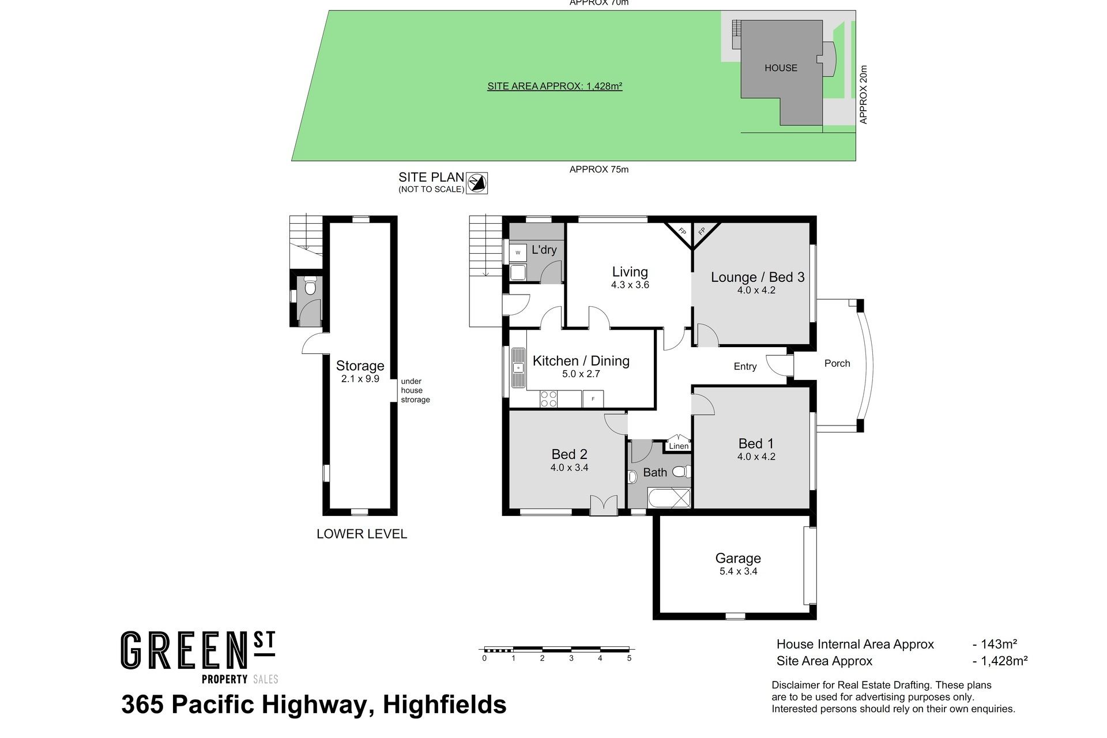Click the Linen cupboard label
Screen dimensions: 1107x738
pos(679,446)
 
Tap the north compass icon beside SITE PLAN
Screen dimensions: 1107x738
pos(477,183)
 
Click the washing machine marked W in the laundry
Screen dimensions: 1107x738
pos(518,253)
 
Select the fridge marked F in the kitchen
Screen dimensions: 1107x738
pos(593,399)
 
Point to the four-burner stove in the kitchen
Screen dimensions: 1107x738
pos(549,399)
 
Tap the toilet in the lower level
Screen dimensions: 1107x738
pos(311,287)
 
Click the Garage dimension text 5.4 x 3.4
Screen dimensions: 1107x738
pos(738,571)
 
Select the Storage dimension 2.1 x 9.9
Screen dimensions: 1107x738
pos(360,379)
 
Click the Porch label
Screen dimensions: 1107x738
pos(837,363)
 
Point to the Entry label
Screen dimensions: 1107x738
pos(745,366)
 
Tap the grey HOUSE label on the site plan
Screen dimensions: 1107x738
pos(781,68)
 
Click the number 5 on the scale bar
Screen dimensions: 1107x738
pos(629,658)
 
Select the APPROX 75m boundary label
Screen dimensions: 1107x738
pos(599,170)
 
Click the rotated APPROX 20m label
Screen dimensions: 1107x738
pos(863,94)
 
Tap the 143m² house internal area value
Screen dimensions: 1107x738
pos(999,644)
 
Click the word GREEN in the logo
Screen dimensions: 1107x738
pos(180,651)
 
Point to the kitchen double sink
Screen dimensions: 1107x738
pos(518,368)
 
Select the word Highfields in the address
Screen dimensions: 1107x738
pos(445,705)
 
